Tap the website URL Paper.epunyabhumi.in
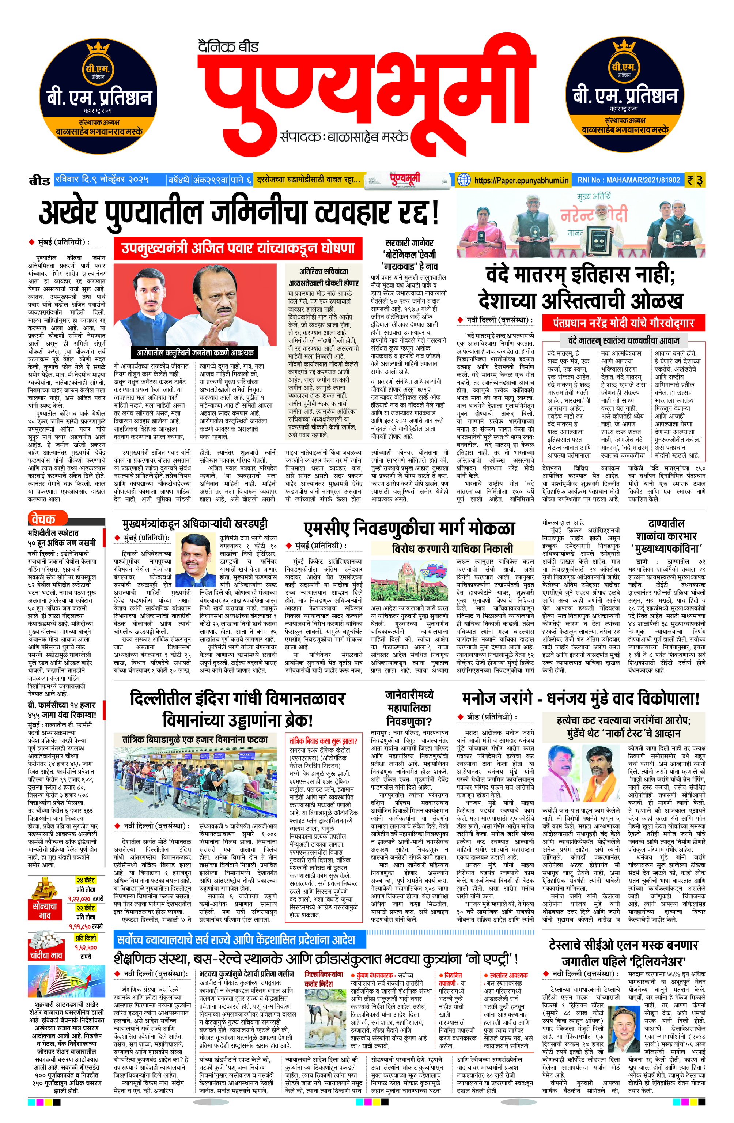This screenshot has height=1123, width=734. [521, 180]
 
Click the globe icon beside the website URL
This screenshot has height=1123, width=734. [464, 180]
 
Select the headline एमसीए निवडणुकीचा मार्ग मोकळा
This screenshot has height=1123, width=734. [409, 528]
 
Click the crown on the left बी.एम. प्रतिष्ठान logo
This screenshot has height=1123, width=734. [98, 49]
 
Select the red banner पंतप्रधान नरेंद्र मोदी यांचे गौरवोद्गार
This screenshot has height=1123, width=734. [623, 323]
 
